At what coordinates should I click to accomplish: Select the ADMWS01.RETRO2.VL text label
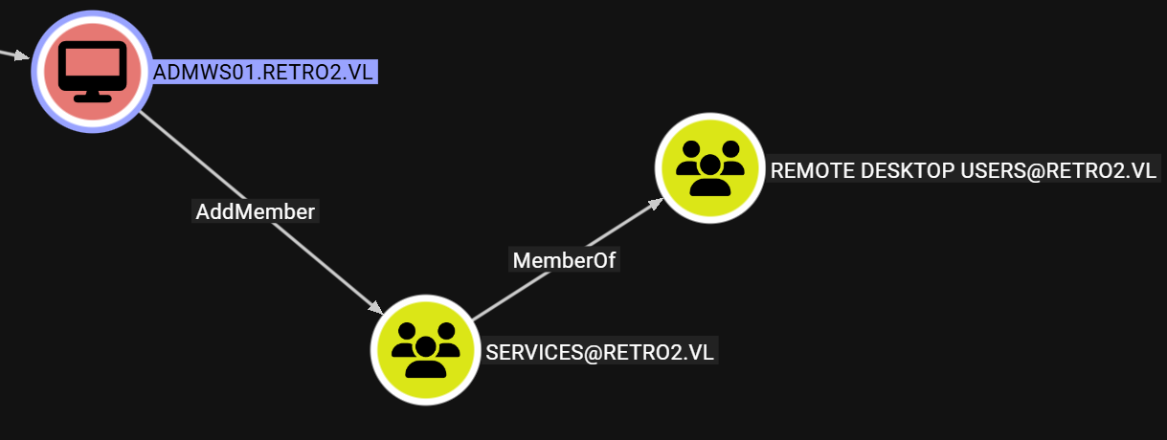265,73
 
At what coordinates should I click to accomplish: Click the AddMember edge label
255,211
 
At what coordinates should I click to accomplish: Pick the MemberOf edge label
564,259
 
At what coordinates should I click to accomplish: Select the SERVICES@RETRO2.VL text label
600,351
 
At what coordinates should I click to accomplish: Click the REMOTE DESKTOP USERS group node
709,166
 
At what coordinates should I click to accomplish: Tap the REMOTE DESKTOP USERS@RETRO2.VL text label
964,170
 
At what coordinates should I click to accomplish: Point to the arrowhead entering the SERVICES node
373,307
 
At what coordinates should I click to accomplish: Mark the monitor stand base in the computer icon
92,96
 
